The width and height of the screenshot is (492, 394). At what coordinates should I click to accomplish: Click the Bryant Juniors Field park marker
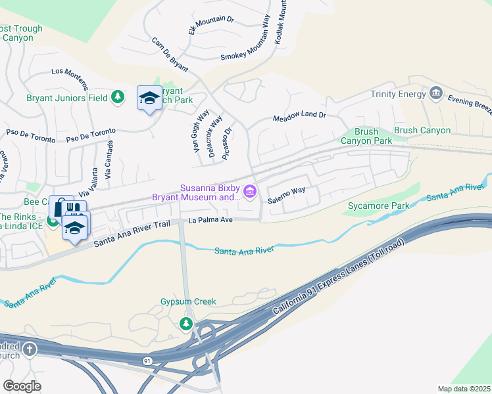click(118, 98)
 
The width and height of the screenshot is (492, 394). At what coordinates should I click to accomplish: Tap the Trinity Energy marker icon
click(435, 94)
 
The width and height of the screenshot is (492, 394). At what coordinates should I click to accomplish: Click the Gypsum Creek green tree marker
click(187, 323)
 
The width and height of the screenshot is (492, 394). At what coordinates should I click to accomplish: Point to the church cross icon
click(30, 350)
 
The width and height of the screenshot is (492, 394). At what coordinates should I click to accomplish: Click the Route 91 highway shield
click(146, 361)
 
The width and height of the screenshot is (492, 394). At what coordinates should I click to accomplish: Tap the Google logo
click(22, 386)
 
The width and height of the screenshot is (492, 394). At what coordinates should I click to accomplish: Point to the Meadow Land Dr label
click(299, 116)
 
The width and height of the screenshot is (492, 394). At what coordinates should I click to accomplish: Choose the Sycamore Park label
click(374, 207)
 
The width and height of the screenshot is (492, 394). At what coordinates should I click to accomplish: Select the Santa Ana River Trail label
click(132, 233)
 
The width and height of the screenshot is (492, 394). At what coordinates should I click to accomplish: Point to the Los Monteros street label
click(69, 78)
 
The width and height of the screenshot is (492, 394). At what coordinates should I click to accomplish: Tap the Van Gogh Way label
click(201, 131)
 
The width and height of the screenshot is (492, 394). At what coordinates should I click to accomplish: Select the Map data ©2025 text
click(463, 389)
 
